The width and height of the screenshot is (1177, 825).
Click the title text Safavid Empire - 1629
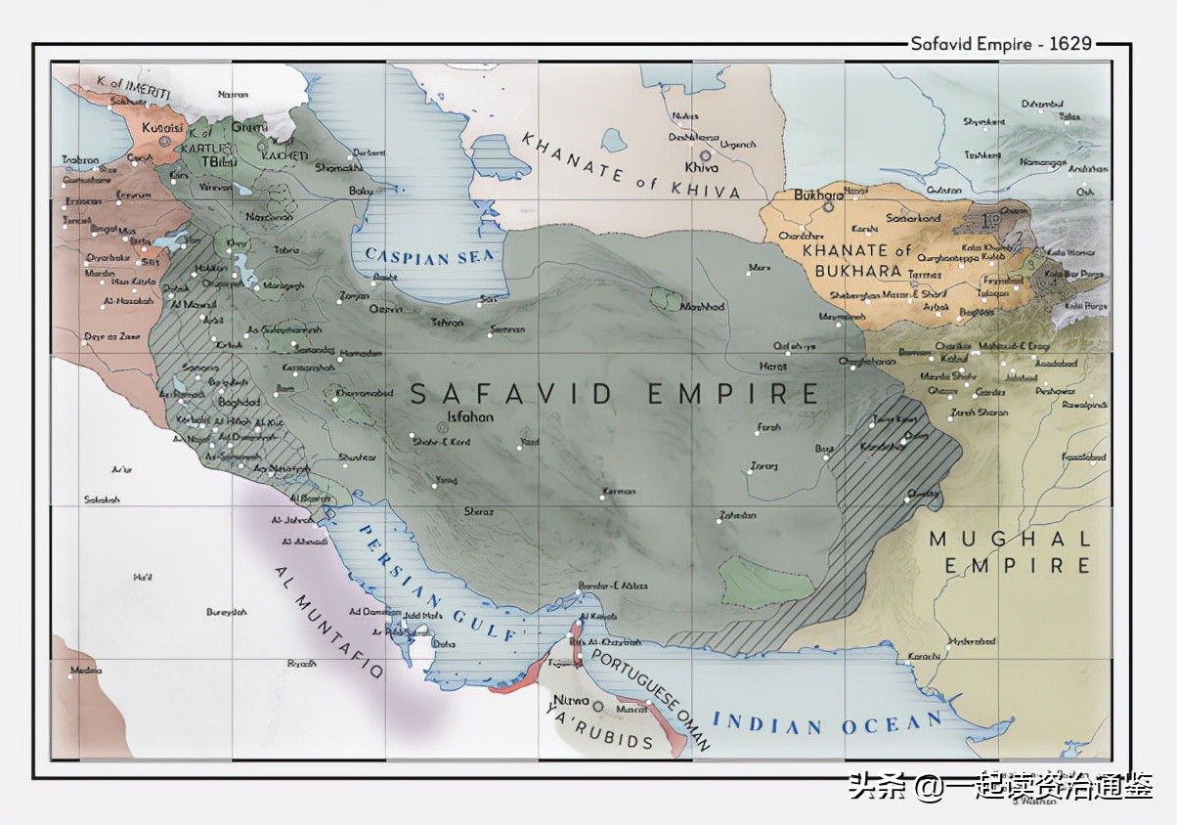pyautogui.click(x=1000, y=44)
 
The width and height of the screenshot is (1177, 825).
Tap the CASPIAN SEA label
pyautogui.click(x=430, y=256)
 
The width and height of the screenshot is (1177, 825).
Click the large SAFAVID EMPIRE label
pyautogui.click(x=614, y=393)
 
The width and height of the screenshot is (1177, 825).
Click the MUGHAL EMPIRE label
pyautogui.click(x=1010, y=552)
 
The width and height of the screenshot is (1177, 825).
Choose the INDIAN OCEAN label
pyautogui.click(x=827, y=723)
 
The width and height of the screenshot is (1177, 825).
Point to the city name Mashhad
pyautogui.click(x=702, y=307)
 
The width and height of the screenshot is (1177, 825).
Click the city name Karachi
pyautogui.click(x=924, y=654)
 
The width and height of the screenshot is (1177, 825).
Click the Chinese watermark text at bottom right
pyautogui.click(x=1000, y=785)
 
